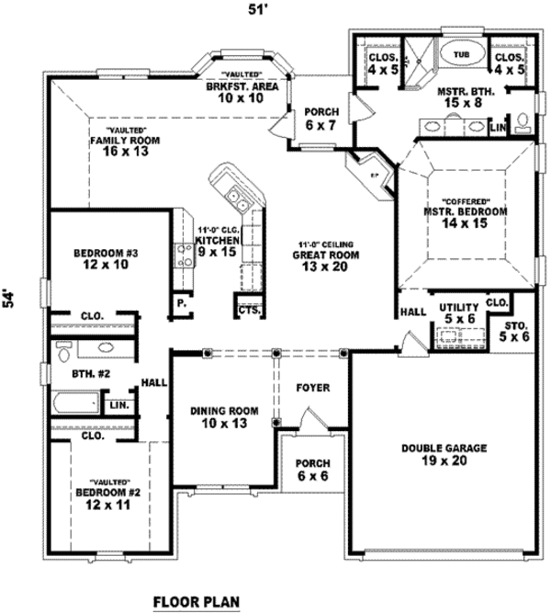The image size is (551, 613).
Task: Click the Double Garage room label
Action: (444, 455)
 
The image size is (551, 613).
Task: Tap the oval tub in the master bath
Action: (460, 55)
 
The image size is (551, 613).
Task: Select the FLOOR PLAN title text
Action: (196, 602)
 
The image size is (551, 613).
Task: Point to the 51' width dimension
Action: (274, 10)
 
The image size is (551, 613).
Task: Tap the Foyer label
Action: (312, 387)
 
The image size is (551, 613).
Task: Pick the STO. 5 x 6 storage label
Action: (514, 330)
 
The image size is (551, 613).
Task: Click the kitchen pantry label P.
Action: (182, 301)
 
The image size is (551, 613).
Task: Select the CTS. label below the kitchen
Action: (249, 311)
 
